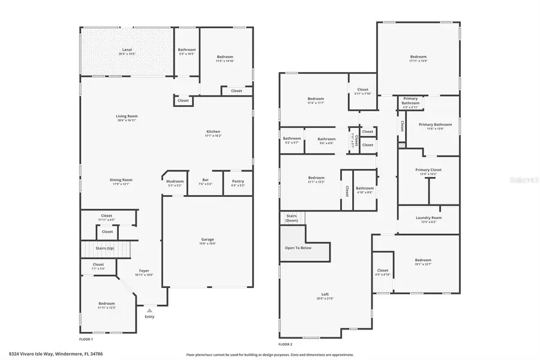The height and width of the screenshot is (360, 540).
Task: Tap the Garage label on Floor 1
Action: tap(208, 239)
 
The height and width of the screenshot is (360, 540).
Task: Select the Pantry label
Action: tap(238, 181)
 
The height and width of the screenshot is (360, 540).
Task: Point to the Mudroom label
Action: tap(175, 181)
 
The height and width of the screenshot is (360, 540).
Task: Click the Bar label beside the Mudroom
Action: tap(205, 181)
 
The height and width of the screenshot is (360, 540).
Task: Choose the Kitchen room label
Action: tap(214, 131)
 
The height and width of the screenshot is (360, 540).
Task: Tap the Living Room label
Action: tap(127, 116)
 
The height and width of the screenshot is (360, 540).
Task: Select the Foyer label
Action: tap(144, 271)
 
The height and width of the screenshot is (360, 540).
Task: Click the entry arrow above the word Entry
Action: tap(149, 311)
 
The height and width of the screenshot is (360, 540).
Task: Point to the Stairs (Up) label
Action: tap(106, 248)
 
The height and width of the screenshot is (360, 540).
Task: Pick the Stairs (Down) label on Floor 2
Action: tap(292, 218)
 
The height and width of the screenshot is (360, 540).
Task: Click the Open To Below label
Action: tap(298, 248)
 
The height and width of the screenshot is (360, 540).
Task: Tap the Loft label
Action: tap(325, 294)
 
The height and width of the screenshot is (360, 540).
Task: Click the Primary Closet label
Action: tap(428, 170)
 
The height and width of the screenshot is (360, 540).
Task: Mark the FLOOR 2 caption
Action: tap(286, 344)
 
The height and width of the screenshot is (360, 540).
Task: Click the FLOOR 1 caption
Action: tap(86, 331)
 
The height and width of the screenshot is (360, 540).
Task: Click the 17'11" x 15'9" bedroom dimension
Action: tap(418, 61)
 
